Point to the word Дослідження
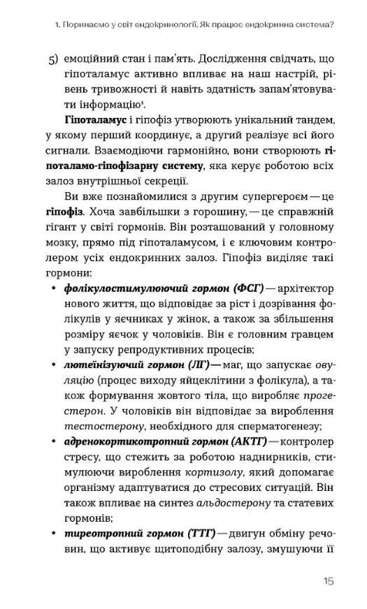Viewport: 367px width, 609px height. (224, 61)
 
